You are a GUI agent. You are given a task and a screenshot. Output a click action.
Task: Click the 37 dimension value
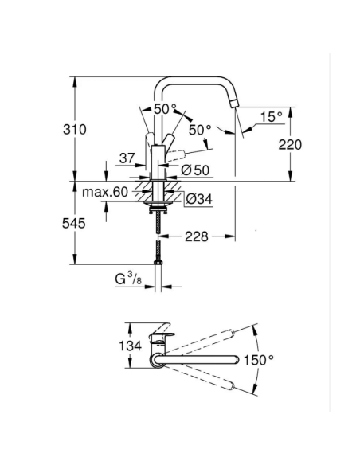tap(126, 158)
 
